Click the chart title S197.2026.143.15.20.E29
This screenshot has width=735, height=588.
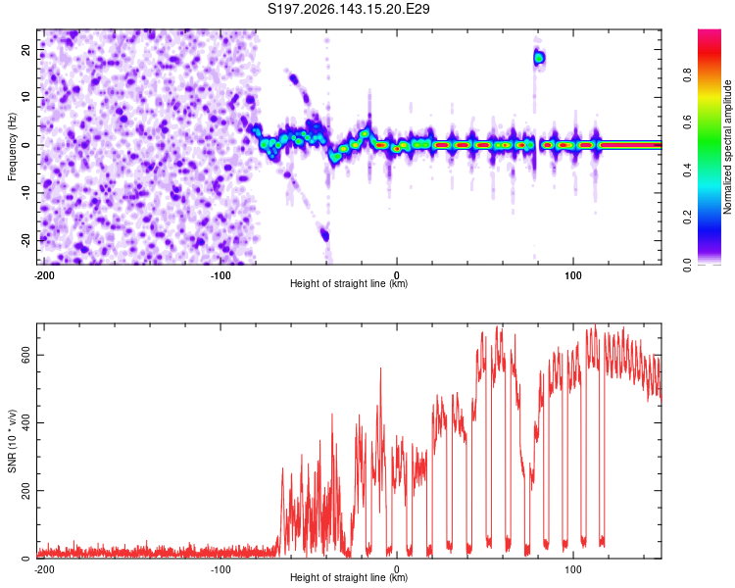click(x=348, y=9)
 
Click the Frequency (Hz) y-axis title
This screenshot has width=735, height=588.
click(x=12, y=147)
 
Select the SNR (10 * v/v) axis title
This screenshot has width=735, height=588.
click(x=12, y=441)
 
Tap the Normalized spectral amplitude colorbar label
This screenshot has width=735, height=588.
click(x=727, y=147)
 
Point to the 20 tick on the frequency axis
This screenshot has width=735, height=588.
click(x=26, y=50)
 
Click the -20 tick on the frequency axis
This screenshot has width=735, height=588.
click(x=26, y=240)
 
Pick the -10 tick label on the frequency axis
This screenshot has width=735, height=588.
click(x=26, y=193)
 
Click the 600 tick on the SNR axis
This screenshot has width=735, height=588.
click(x=26, y=355)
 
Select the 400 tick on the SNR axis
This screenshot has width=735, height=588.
click(x=26, y=423)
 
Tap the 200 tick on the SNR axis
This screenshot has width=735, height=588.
click(x=26, y=490)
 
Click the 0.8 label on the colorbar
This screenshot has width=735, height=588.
click(x=687, y=75)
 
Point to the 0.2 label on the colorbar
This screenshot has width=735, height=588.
click(x=687, y=218)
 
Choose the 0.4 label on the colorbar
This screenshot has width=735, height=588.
click(x=687, y=170)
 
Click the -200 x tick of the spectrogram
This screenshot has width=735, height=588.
click(x=44, y=275)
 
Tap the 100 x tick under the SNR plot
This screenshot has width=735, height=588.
click(x=573, y=569)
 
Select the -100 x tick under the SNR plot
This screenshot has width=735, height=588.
click(x=220, y=569)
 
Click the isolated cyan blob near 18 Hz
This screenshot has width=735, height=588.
click(x=539, y=58)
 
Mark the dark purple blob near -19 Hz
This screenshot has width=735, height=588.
click(x=324, y=235)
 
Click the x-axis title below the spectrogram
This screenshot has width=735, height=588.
click(x=349, y=283)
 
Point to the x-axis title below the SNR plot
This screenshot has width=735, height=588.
click(x=349, y=577)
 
